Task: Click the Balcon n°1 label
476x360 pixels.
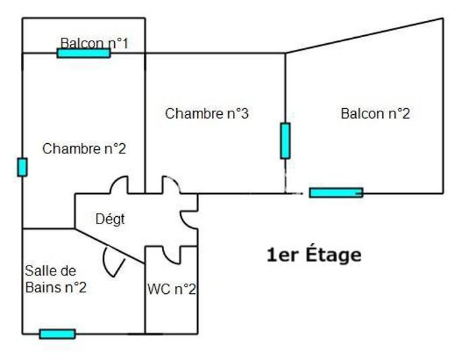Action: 94,43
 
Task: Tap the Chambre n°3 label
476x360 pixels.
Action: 207,113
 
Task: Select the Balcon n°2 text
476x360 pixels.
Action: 375,113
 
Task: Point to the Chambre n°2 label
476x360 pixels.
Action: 84,149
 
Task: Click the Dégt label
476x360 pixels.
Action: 110,219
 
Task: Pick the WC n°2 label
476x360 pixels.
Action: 172,290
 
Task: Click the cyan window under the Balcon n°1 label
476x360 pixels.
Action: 83,53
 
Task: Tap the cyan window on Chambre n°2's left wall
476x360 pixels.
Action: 22,167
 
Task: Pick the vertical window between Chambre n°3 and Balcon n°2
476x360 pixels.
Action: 285,140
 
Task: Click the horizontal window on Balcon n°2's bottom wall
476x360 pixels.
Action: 336,192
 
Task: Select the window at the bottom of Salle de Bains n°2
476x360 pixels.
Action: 57,334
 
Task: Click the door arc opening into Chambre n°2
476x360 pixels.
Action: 120,184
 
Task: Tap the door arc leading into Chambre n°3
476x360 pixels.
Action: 167,184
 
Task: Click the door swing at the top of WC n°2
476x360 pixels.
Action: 171,255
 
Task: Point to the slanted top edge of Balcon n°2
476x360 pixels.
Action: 365,35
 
